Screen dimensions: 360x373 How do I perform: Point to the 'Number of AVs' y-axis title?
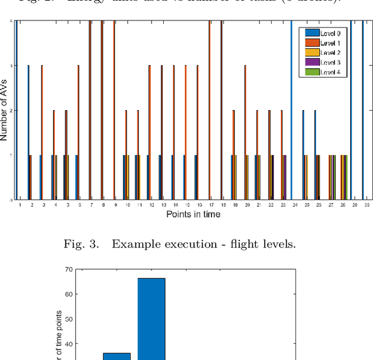click(6, 111)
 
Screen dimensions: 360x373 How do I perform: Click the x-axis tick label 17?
click(210, 205)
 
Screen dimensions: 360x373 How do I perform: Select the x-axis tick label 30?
click(366, 205)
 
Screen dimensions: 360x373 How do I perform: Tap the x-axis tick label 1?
click(20, 205)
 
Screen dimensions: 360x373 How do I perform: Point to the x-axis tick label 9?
click(114, 205)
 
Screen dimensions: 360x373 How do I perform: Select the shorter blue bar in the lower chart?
click(117, 356)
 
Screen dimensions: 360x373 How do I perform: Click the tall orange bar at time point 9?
click(114, 111)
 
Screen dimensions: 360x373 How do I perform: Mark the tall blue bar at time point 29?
click(351, 111)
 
